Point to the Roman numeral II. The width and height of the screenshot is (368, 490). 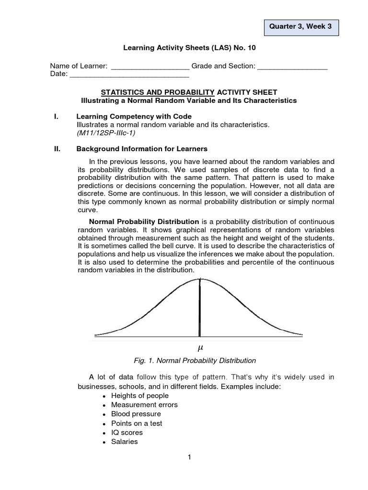[57, 149]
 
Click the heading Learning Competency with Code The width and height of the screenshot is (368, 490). [134, 116]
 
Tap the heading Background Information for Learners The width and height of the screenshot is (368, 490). [142, 149]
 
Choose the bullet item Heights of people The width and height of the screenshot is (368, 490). [139, 396]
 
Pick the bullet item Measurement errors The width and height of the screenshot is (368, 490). [144, 405]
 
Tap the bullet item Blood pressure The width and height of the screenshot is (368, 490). [136, 414]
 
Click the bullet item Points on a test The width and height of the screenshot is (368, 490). [137, 423]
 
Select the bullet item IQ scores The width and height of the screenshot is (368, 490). [127, 433]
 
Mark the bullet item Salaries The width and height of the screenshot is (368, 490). [124, 442]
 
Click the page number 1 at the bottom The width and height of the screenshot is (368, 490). [190, 457]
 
